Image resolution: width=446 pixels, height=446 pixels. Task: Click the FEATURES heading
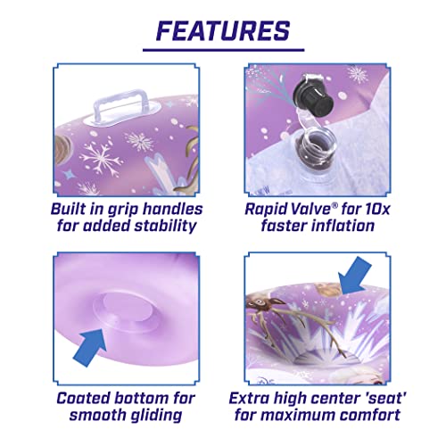[223, 30]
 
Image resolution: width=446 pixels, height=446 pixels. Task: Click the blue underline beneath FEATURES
[223, 49]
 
